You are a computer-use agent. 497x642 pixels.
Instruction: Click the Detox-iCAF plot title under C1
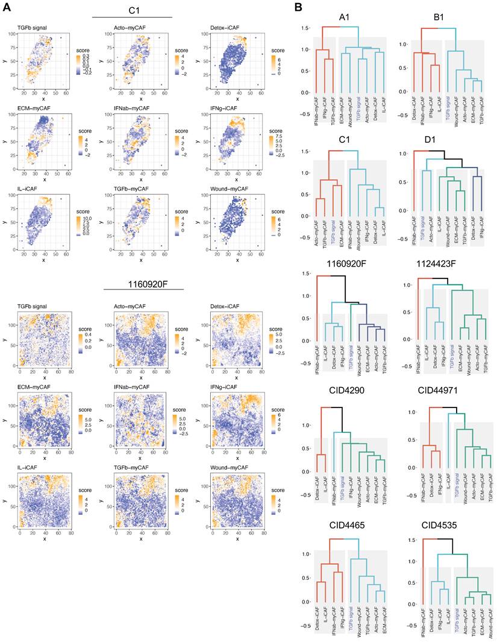coord(223,27)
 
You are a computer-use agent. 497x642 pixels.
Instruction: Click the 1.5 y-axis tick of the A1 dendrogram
coord(305,28)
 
